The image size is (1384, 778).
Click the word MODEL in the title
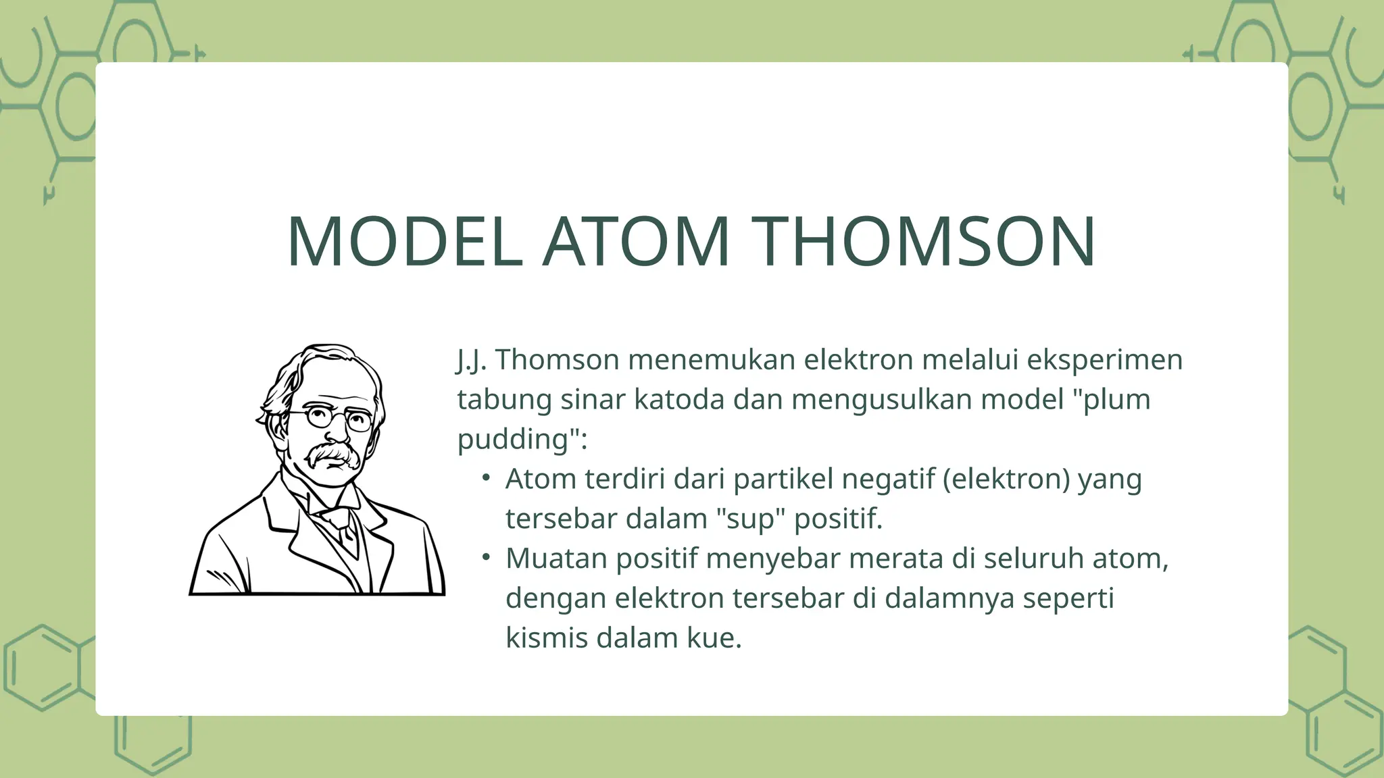404,242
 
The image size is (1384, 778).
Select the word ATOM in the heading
637,242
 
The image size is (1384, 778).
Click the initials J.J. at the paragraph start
472,360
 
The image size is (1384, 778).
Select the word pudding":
522,439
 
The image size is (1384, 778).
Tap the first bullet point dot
485,478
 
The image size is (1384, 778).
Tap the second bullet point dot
485,558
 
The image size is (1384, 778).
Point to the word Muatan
556,559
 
